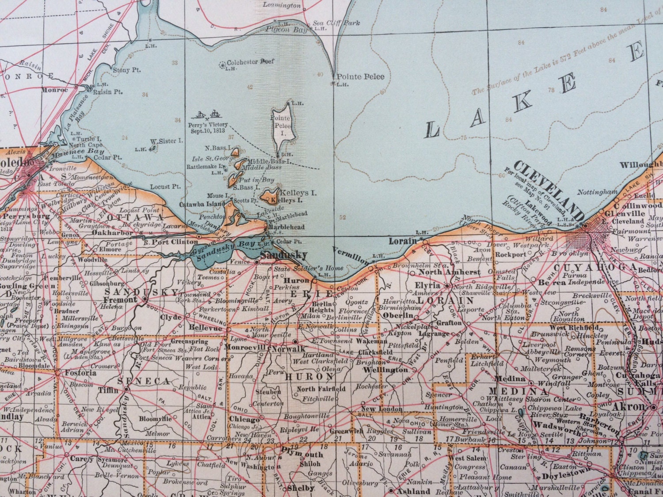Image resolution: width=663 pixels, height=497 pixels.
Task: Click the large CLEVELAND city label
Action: click(548, 195)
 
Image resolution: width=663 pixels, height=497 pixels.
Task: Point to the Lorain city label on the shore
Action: click(403, 241)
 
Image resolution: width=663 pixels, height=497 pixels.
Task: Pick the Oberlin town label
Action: click(398, 315)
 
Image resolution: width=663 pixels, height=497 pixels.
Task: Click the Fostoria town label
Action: click(80, 372)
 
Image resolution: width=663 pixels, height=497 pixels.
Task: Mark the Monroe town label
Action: click(55, 90)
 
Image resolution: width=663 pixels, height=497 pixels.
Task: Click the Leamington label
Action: click(282, 5)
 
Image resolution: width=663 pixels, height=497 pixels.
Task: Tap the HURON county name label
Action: click(309, 377)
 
